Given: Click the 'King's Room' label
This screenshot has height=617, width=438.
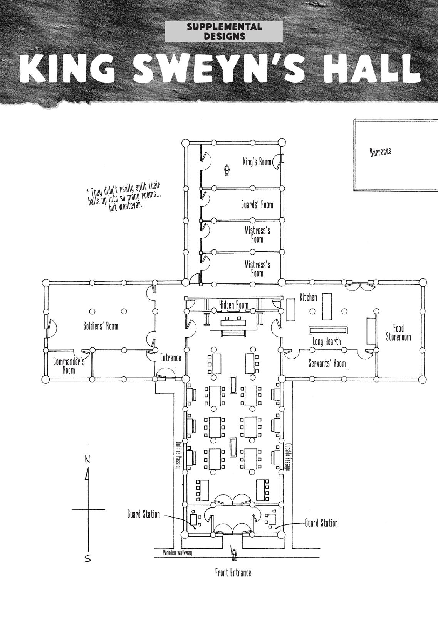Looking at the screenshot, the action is coord(257,162).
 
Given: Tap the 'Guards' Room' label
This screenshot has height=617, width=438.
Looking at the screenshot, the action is coord(257,205).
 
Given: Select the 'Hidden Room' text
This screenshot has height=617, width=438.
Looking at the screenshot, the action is coord(233,305).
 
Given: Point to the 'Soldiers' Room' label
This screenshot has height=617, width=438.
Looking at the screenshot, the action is coord(101,326).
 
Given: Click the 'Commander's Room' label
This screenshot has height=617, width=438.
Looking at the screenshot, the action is coord(69,366).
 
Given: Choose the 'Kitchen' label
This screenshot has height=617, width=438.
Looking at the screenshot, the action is coord(309,297).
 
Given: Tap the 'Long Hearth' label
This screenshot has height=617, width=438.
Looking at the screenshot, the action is coord(327,342).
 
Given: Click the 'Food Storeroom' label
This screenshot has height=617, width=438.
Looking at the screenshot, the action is coord(398,332).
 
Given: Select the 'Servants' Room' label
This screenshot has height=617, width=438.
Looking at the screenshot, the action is coord(327,363).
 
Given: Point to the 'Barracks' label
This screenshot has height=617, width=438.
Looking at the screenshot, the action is coord(381,151).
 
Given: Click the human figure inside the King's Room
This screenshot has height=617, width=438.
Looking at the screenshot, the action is coord(227,170).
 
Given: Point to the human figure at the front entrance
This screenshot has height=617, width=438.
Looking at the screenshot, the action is coord(234,555).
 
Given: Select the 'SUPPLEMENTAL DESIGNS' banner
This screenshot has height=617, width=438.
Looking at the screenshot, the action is coord(224,31).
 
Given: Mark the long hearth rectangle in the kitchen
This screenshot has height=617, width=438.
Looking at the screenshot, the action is coord(328,330).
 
